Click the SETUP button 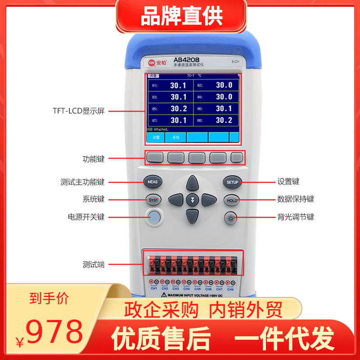(x=232, y=182)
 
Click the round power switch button (x=154, y=217)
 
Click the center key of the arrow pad (x=193, y=200)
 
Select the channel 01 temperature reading (x=178, y=85)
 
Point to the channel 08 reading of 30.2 (x=224, y=120)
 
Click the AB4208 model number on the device (x=186, y=60)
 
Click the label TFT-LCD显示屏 (x=78, y=111)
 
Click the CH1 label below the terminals (x=153, y=288)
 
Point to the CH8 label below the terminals (x=230, y=288)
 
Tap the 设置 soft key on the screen (x=156, y=137)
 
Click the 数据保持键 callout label (x=295, y=199)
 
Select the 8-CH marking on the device (x=235, y=61)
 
